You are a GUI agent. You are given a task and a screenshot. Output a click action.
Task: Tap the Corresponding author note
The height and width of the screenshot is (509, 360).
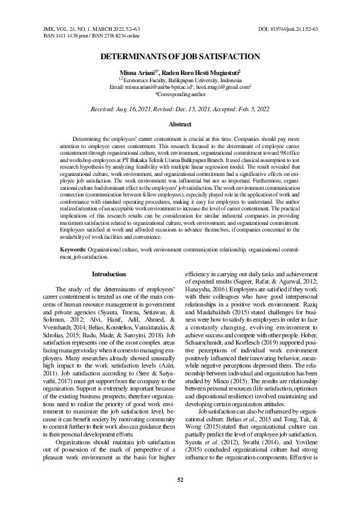tap(180, 94)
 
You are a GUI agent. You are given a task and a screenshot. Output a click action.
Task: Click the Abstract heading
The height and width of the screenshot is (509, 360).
tap(180, 123)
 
